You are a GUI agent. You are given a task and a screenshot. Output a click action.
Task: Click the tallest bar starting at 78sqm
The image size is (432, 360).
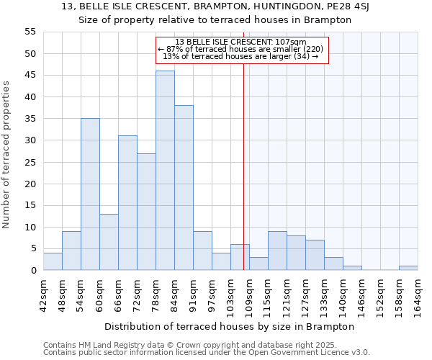pyautogui.click(x=165, y=171)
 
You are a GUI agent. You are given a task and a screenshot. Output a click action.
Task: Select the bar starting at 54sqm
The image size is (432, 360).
pyautogui.click(x=90, y=194)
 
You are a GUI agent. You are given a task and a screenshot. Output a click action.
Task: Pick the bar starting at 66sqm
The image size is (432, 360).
pyautogui.click(x=127, y=203)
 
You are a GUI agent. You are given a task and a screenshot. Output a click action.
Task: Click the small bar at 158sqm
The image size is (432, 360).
pyautogui.click(x=408, y=268)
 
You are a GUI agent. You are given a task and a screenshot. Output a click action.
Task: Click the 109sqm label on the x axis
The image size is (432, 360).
pyautogui.click(x=249, y=294)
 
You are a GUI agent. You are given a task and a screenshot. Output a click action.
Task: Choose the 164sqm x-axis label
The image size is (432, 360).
pyautogui.click(x=418, y=294)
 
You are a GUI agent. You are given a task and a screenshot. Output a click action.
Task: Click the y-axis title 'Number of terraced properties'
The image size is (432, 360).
pyautogui.click(x=7, y=154)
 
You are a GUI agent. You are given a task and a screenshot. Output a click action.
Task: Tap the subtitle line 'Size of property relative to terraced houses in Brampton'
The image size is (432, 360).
pyautogui.click(x=215, y=20)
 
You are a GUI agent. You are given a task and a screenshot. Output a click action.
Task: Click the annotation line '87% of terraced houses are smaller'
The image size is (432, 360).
pyautogui.click(x=241, y=49)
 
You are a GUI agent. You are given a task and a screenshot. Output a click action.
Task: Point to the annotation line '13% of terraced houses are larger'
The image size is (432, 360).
pyautogui.click(x=241, y=56)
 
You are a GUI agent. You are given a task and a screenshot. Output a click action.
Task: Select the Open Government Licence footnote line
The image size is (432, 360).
pyautogui.click(x=207, y=353)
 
